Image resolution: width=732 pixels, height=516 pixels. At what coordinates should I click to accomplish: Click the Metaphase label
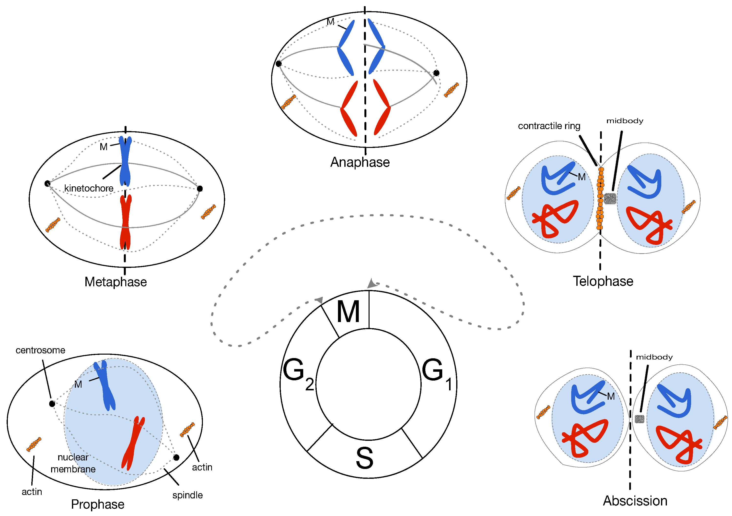click(x=116, y=282)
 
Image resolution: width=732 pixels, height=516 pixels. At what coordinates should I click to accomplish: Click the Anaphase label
click(x=360, y=162)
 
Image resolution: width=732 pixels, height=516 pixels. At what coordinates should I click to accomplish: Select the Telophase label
click(x=603, y=281)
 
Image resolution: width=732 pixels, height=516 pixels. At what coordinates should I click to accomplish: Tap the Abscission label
click(x=635, y=501)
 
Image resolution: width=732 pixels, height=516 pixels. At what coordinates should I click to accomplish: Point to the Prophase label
click(x=98, y=504)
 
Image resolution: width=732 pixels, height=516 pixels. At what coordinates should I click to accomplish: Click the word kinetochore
click(x=89, y=188)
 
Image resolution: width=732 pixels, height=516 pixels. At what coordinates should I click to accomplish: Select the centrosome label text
click(x=40, y=350)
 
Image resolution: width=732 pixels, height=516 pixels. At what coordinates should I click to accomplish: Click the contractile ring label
click(x=549, y=126)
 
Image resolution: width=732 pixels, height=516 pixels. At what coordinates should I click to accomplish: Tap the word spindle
click(x=187, y=495)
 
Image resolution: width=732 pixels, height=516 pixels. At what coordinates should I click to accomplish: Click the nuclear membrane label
click(x=73, y=463)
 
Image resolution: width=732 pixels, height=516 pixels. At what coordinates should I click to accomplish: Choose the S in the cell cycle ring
click(x=364, y=458)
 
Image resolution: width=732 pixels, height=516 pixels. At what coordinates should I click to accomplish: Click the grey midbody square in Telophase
click(x=610, y=199)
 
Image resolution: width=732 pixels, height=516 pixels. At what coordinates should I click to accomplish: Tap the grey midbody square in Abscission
click(x=639, y=419)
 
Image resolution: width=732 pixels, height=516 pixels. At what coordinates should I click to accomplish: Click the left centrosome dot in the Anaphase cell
click(x=279, y=63)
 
